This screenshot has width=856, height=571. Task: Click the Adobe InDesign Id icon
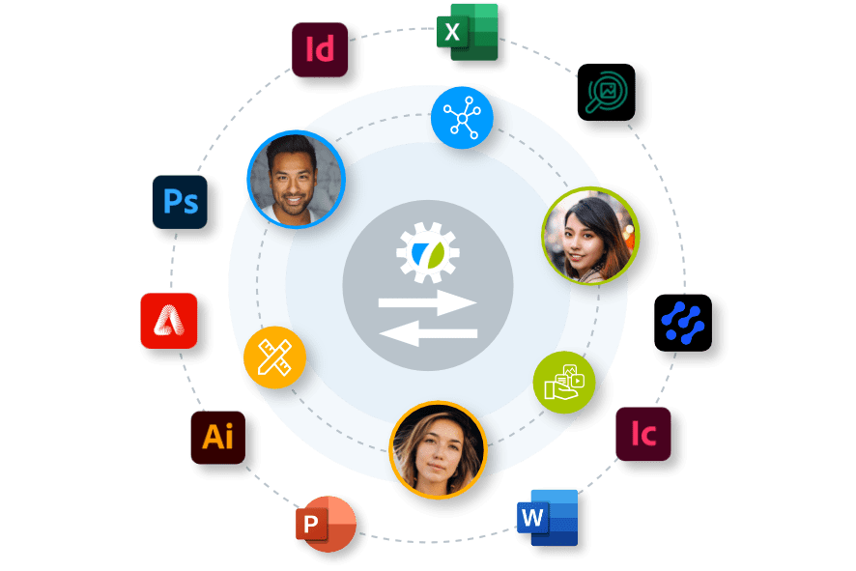tap(320, 49)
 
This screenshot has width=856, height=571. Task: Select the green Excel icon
tap(467, 31)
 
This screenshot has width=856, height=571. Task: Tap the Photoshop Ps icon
tap(180, 202)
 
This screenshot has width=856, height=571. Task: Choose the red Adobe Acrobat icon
tap(169, 320)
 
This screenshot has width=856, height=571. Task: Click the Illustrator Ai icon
tap(217, 437)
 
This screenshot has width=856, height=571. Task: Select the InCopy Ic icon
tap(642, 433)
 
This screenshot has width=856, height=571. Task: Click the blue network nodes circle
tap(462, 118)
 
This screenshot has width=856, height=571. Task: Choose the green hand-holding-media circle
tap(563, 381)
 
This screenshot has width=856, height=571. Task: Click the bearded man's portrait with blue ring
tap(296, 179)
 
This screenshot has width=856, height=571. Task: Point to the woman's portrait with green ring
tap(589, 236)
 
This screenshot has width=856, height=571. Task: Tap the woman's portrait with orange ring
tap(437, 449)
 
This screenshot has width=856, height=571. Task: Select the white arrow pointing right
tap(427, 303)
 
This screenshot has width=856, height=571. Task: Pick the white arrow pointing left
tap(427, 334)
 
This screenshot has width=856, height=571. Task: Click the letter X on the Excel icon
tap(451, 35)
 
